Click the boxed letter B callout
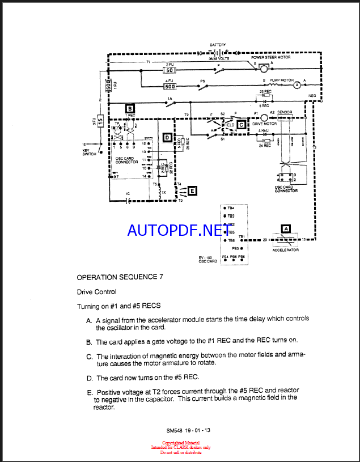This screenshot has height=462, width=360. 130,108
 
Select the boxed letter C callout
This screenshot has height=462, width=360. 241,124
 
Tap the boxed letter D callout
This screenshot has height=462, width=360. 167,137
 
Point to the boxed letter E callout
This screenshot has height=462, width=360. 193,191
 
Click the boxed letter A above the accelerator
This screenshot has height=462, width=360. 286,229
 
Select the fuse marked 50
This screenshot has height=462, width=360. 169,70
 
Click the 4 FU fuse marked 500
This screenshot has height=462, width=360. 170,87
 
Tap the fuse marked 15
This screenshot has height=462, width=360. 100,121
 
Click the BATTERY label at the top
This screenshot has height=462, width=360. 218,45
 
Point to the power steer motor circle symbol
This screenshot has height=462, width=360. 264,69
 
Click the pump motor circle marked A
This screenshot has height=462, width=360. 296,85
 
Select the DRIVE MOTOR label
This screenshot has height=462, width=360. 264,124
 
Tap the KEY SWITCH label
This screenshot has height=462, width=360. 90,152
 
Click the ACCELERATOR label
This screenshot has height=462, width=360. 285,250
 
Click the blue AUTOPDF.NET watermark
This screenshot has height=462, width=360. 175,230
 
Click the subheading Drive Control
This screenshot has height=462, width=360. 97,292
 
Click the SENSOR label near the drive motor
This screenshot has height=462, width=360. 285,113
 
